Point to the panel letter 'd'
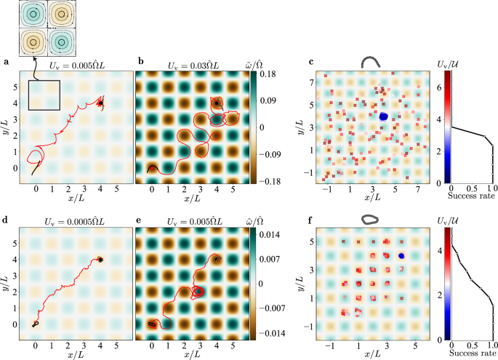[6, 220]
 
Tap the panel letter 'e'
[140, 220]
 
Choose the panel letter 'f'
[311, 220]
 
